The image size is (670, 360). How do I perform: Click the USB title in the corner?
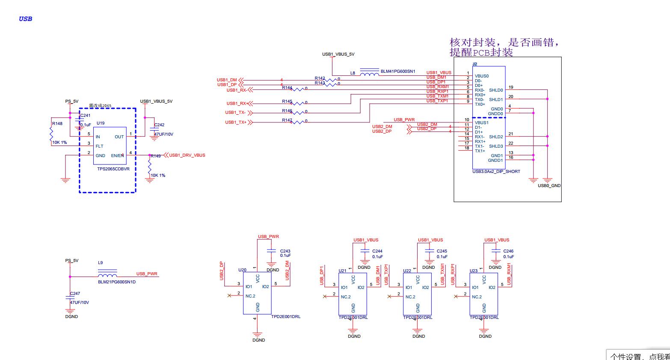tap(25, 19)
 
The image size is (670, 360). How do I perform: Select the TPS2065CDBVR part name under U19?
tap(113, 169)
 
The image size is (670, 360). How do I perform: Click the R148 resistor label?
tap(57, 124)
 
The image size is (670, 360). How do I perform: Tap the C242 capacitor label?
tap(159, 125)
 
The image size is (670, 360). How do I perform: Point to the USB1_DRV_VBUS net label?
tap(187, 155)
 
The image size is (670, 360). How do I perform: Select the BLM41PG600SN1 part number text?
tap(397, 71)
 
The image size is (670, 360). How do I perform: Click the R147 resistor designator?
tap(287, 120)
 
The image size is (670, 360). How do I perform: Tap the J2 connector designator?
tap(474, 64)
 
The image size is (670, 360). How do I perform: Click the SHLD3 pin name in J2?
tap(496, 146)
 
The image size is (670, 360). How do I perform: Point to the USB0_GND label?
tap(549, 186)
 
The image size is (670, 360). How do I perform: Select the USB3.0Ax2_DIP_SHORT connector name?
tap(496, 172)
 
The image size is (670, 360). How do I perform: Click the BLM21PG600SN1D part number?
tap(116, 282)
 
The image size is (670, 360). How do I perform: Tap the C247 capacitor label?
tap(75, 294)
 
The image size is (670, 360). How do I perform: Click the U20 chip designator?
tap(242, 270)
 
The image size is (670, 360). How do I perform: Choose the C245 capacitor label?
tap(442, 251)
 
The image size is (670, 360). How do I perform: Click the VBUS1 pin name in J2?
tap(481, 123)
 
